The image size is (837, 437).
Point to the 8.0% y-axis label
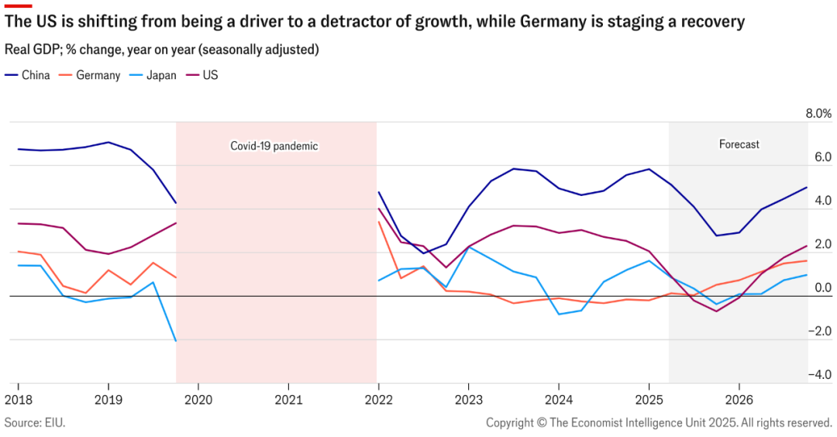(x=818, y=113)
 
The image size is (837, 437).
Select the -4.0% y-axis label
(x=818, y=375)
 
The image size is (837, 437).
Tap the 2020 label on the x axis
(x=198, y=399)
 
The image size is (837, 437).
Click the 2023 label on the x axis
(x=468, y=399)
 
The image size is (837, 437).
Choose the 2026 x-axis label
(x=739, y=399)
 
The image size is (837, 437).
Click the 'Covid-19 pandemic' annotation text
(x=274, y=146)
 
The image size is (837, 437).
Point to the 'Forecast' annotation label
(x=739, y=144)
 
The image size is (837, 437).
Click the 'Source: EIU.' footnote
(x=35, y=422)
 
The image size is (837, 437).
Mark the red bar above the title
(x=18, y=5)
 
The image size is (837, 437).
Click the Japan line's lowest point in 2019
(x=176, y=341)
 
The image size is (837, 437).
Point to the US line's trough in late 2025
(x=717, y=311)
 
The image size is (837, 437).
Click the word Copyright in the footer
(x=511, y=422)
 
